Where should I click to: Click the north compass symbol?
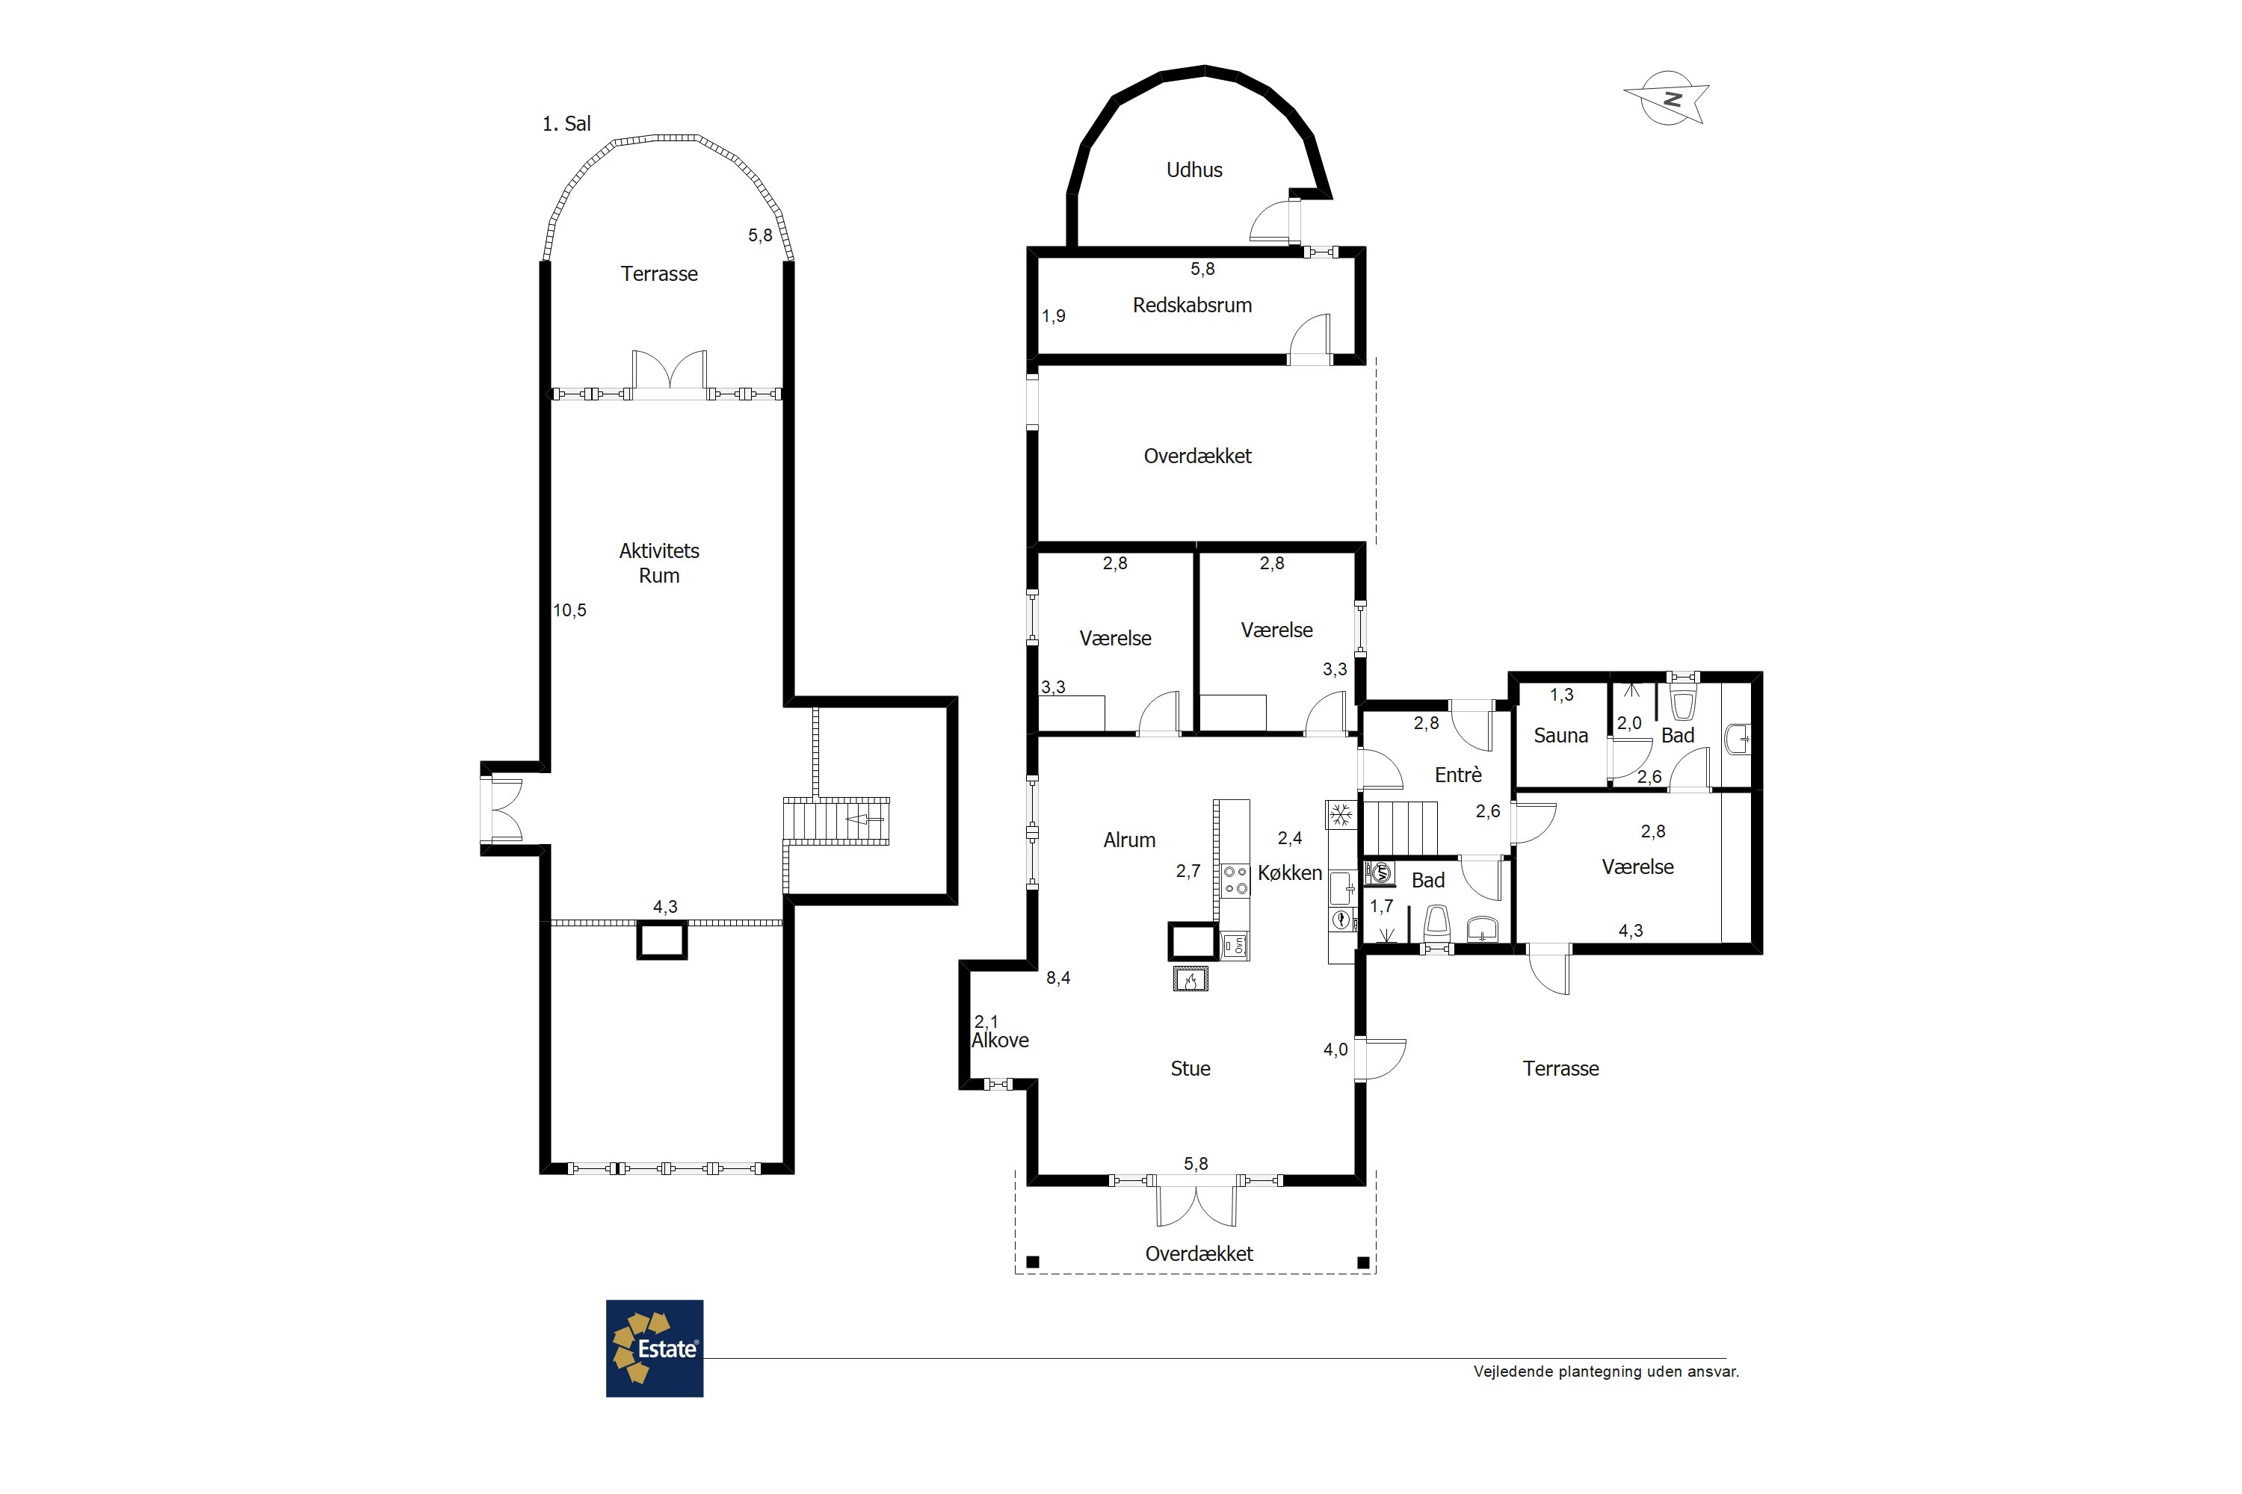[x=1667, y=98]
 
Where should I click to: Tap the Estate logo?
[x=655, y=1348]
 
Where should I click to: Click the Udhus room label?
[x=1194, y=170]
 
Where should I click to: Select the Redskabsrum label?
[x=1193, y=305]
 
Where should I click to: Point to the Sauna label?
[x=1560, y=736]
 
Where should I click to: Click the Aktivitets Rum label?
[x=658, y=563]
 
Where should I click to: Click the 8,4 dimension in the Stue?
[x=1058, y=978]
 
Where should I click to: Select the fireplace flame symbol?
[x=1191, y=979]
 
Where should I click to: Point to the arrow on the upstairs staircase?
[x=865, y=819]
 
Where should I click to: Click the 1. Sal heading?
[x=566, y=123]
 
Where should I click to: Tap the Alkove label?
[x=1000, y=1041]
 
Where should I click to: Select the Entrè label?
[x=1459, y=775]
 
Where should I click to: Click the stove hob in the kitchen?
[x=1236, y=879]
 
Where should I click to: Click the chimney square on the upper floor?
[x=661, y=941]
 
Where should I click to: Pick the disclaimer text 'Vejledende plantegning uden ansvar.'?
[x=1606, y=1372]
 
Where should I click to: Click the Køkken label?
[x=1290, y=872]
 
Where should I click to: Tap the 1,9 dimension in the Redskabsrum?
[x=1053, y=316]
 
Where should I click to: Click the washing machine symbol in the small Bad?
[x=1380, y=872]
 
